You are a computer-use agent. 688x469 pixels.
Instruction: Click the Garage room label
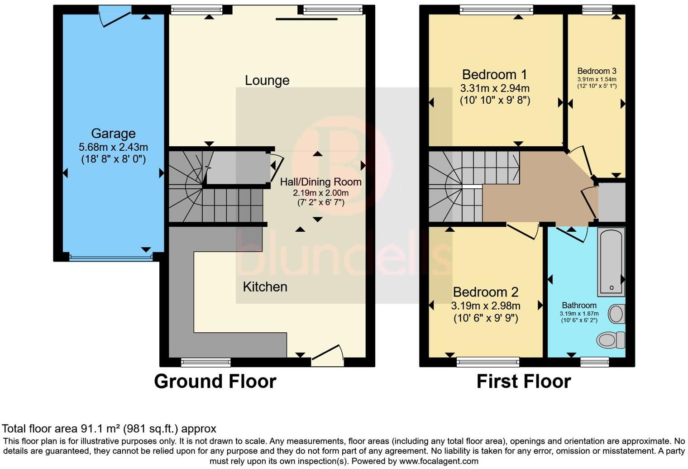113,134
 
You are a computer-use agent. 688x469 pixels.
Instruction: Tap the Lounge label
267,81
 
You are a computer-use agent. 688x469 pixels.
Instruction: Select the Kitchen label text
265,287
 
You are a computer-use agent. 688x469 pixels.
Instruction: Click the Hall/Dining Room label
320,182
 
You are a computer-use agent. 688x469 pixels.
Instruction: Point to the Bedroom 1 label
495,74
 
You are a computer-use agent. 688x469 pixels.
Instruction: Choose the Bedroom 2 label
486,292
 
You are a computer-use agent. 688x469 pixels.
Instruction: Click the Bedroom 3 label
597,71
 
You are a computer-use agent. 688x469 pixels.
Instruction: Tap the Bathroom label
579,305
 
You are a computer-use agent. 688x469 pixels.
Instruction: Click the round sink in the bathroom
616,314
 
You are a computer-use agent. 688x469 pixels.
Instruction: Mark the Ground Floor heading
215,381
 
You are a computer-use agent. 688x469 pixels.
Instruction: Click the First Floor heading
523,381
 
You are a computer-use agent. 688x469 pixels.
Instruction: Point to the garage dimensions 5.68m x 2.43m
113,147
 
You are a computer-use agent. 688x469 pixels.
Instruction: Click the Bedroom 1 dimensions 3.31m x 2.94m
495,88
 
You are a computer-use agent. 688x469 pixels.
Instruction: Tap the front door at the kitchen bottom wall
327,356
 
